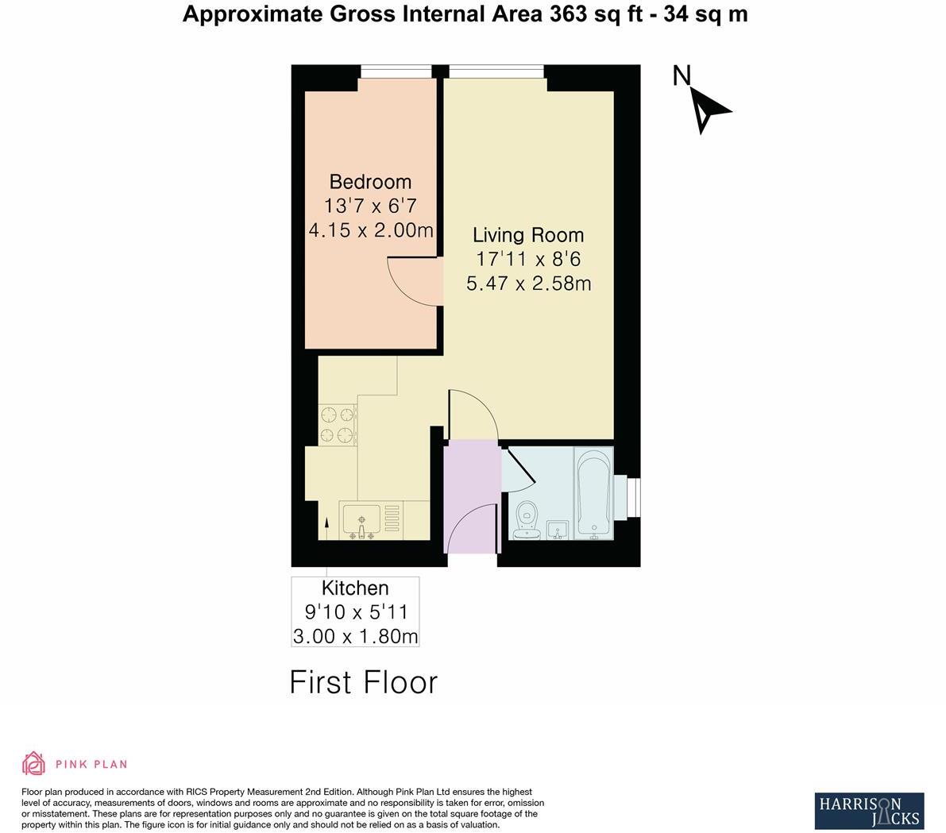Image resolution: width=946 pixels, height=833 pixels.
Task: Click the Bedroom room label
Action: tap(370, 182)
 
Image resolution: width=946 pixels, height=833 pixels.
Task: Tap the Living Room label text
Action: tap(528, 235)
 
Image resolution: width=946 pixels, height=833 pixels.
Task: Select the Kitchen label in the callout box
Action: tap(355, 588)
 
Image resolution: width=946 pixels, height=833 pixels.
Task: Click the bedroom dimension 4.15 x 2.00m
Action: tap(370, 230)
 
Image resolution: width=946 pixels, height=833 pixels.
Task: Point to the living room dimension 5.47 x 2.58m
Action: tap(528, 283)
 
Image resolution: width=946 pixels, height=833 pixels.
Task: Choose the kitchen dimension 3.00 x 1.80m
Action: tap(355, 636)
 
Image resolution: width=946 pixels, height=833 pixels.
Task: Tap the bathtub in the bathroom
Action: tap(593, 492)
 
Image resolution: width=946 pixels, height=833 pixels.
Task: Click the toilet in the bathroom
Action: tap(526, 520)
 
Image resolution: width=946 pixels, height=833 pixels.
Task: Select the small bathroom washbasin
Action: tap(558, 529)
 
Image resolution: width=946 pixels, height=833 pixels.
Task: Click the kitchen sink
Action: tap(362, 521)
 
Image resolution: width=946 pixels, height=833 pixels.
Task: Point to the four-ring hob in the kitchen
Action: tap(337, 424)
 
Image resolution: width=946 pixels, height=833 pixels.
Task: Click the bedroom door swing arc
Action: tap(409, 282)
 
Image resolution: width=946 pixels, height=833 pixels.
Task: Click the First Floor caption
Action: tap(363, 683)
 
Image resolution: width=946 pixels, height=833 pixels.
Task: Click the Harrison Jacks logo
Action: tap(869, 811)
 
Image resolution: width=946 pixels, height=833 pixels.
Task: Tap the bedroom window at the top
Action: tap(396, 72)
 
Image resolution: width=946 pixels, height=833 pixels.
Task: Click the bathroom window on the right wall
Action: tap(633, 497)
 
